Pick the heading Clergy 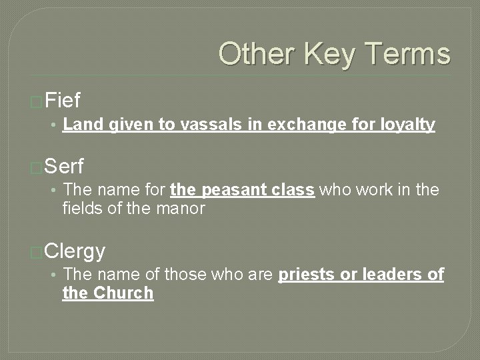pos(75,251)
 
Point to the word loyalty pos(408,124)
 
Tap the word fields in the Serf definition pos(80,208)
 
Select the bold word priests pos(306,275)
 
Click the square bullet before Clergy pos(37,252)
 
